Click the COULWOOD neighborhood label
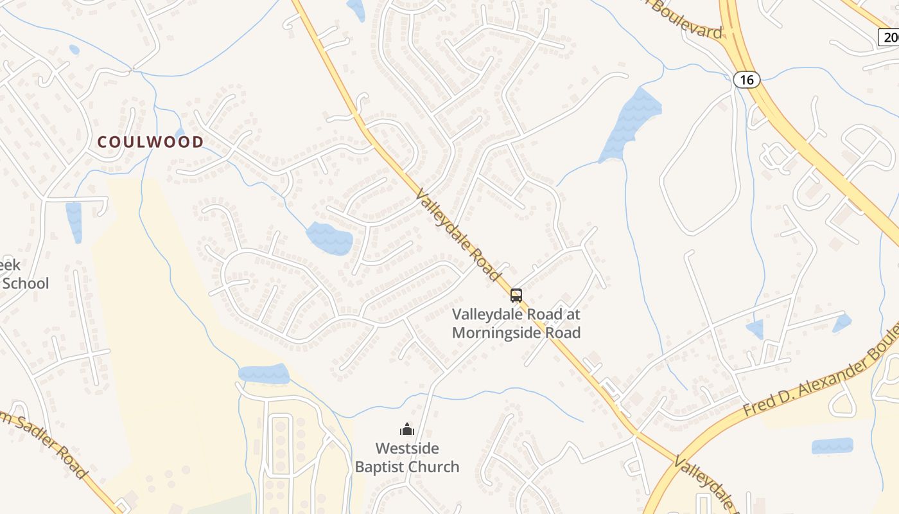(150, 142)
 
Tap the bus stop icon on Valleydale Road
(516, 296)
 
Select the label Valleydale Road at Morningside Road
(516, 323)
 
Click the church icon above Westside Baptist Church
(406, 429)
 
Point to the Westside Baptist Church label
(407, 457)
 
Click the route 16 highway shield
(746, 80)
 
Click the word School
(24, 283)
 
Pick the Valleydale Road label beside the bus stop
(458, 235)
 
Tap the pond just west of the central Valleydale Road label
(329, 238)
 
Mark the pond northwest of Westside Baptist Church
(264, 374)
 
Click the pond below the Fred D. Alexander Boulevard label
(832, 446)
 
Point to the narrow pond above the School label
(74, 222)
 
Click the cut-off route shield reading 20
(889, 37)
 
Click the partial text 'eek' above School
(10, 265)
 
